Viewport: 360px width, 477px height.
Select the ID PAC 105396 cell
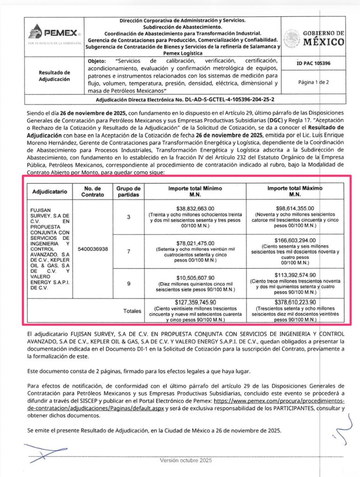[x=314, y=64]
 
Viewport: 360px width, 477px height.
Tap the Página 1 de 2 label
[x=314, y=82]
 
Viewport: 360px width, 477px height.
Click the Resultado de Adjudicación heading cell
[x=54, y=76]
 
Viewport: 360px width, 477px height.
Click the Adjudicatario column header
[x=50, y=191]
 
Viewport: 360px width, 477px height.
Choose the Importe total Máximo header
[x=295, y=191]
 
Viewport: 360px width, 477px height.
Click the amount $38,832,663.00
[x=196, y=208]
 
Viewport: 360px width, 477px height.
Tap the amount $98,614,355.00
[x=295, y=208]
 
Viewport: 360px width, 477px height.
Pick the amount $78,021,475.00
[x=196, y=243]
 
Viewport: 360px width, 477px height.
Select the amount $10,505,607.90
[x=196, y=278]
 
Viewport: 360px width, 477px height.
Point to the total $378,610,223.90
[x=295, y=302]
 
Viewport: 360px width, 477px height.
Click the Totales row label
[x=132, y=311]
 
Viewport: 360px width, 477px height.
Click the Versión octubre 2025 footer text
[x=186, y=460]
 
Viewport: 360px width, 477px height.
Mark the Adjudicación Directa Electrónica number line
[x=185, y=100]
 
